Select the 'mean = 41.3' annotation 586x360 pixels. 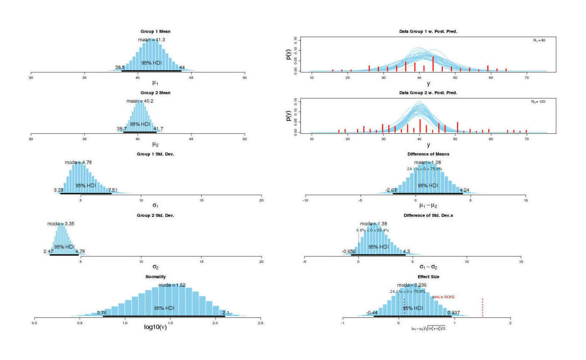coord(151,40)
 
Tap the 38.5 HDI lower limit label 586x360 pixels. coord(120,68)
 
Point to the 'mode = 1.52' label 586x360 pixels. coord(172,285)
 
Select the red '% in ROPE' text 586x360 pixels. coord(443,297)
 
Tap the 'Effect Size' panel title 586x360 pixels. coord(428,276)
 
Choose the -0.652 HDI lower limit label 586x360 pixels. coord(349,251)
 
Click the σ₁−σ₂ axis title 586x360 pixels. coord(428,267)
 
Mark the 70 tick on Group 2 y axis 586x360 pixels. coord(527,138)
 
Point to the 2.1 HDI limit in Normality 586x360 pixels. coord(226,313)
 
